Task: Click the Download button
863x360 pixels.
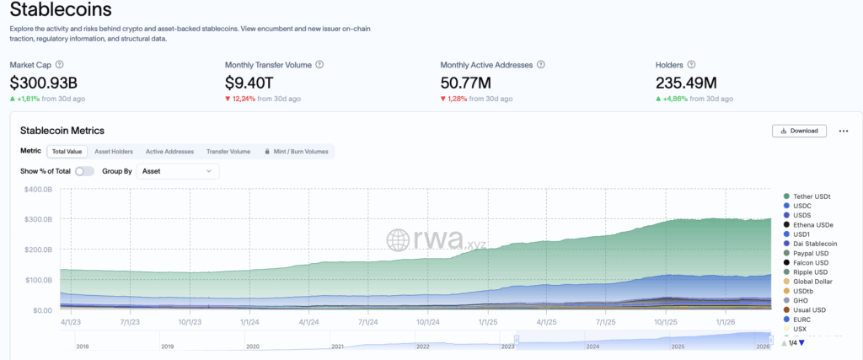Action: pyautogui.click(x=799, y=131)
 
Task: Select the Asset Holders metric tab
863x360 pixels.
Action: pyautogui.click(x=113, y=152)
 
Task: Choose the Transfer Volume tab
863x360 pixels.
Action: pyautogui.click(x=228, y=152)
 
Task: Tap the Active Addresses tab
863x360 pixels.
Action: pyautogui.click(x=169, y=152)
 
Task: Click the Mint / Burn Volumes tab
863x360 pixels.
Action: pyautogui.click(x=296, y=152)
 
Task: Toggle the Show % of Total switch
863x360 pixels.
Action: pyautogui.click(x=84, y=171)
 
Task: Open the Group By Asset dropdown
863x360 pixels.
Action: pyautogui.click(x=177, y=171)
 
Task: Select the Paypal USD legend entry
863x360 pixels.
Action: pyautogui.click(x=811, y=252)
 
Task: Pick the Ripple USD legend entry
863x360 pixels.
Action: pyautogui.click(x=810, y=271)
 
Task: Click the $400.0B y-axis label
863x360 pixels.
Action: pyautogui.click(x=38, y=189)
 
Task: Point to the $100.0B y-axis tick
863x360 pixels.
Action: pyautogui.click(x=38, y=280)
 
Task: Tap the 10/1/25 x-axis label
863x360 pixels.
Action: pyautogui.click(x=666, y=321)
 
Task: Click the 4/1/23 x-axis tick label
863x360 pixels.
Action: pyautogui.click(x=71, y=321)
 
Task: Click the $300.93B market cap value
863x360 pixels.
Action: pyautogui.click(x=44, y=83)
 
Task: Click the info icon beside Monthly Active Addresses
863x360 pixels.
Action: pyautogui.click(x=541, y=64)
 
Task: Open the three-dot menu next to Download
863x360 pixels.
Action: pyautogui.click(x=843, y=131)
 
